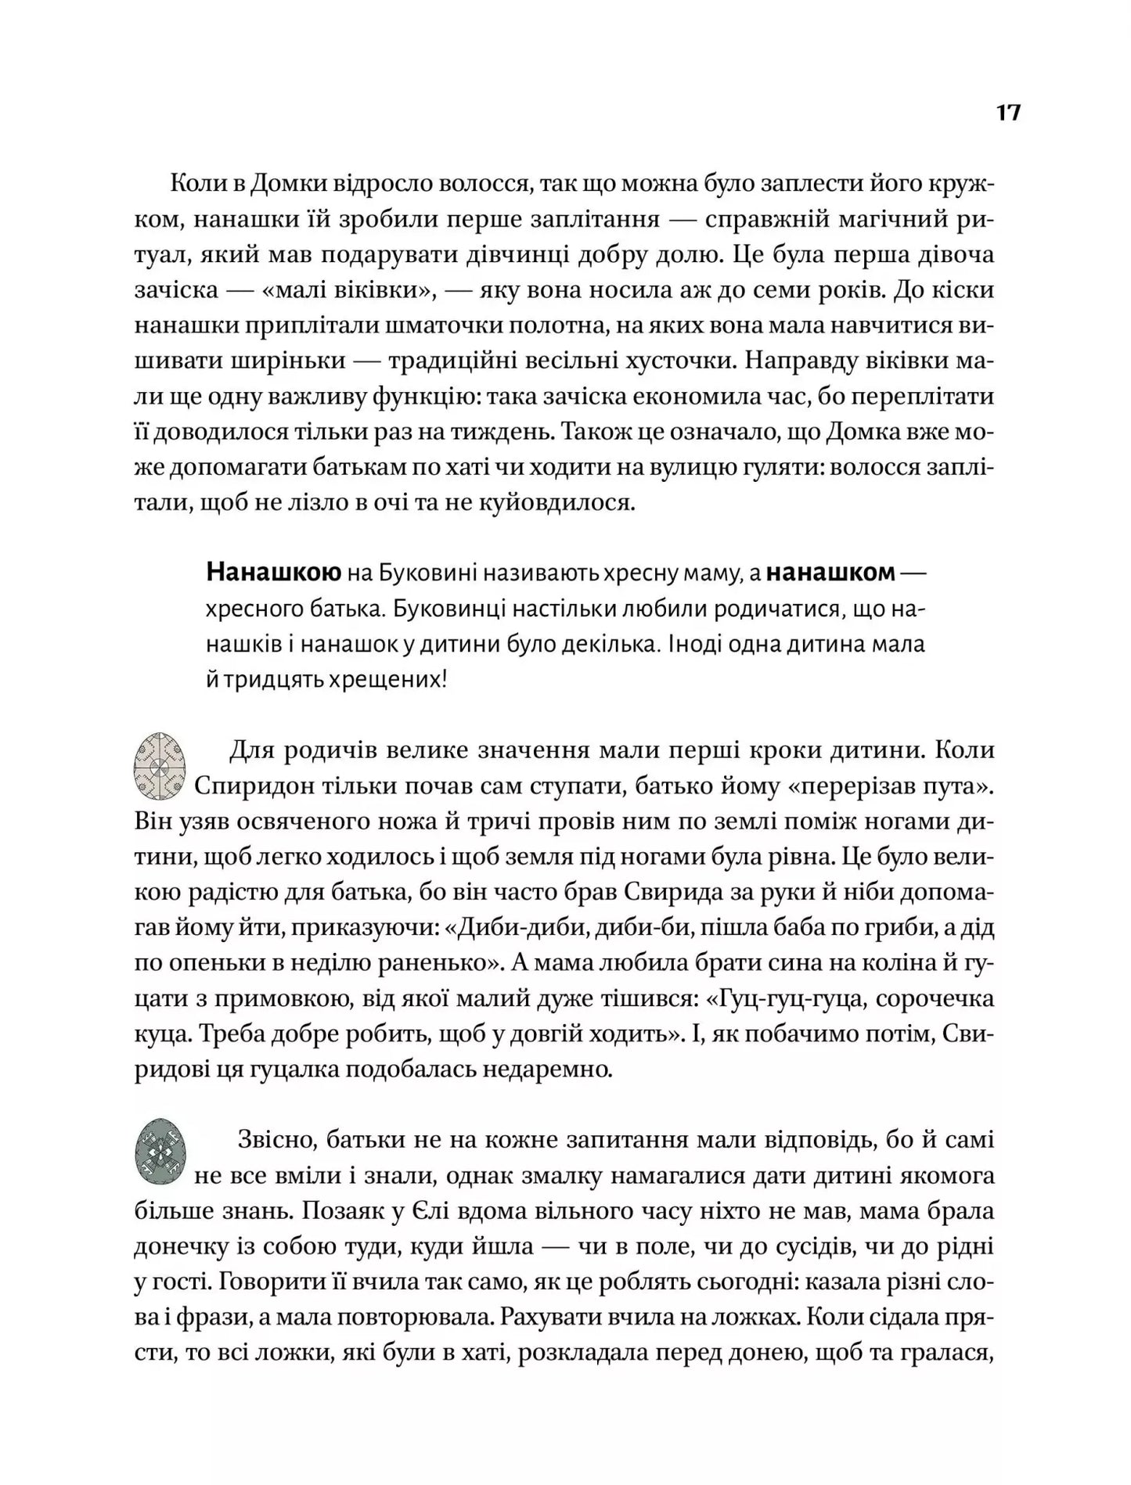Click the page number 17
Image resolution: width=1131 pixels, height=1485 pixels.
pos(1008,113)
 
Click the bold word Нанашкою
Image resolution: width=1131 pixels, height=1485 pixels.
pos(273,573)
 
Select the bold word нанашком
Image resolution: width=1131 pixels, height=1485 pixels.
pos(830,573)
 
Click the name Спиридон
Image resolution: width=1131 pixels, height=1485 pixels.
pos(250,786)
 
